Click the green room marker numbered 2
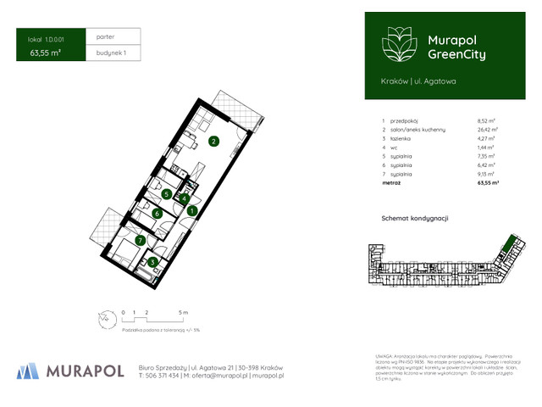pos(214,142)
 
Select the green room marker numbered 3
pos(152,262)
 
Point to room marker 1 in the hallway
pos(192,210)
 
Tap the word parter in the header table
pos(106,37)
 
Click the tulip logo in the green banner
pos(397,43)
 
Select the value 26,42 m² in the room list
pos(488,128)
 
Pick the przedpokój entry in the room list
pos(405,120)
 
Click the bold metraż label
pos(390,182)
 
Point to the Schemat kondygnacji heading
pos(416,219)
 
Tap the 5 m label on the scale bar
pos(183,313)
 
